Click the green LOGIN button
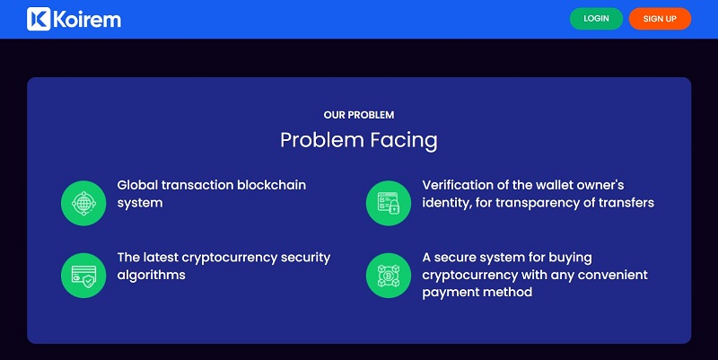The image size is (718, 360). [596, 19]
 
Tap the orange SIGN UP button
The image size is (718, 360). [660, 19]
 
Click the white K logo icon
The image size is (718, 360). [39, 19]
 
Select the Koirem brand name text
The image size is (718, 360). [87, 20]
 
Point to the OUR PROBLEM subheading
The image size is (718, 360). [359, 115]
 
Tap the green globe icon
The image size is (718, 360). [83, 203]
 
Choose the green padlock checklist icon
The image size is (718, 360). [389, 203]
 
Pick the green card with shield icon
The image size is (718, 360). [83, 276]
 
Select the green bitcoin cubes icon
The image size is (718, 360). [389, 276]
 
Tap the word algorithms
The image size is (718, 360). [151, 276]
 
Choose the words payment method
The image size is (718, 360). [477, 293]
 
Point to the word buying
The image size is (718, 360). [570, 258]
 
